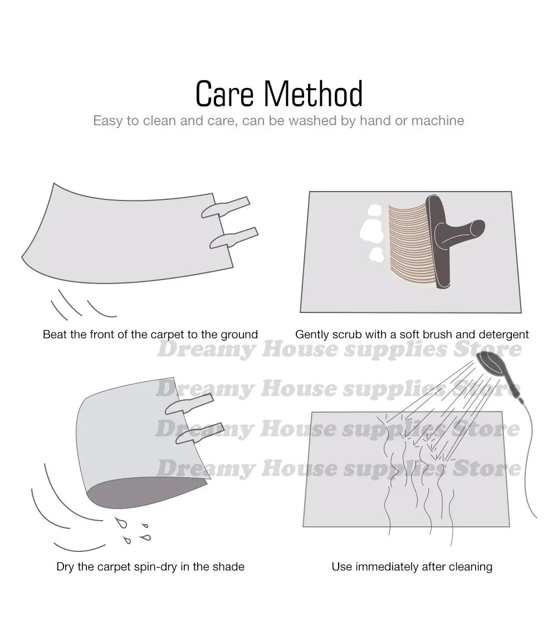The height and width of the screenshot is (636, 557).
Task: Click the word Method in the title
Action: (x=314, y=94)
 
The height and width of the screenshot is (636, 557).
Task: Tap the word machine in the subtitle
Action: (x=438, y=120)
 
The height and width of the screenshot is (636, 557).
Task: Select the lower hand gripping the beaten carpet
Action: (x=234, y=238)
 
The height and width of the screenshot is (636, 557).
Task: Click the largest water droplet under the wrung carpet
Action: (x=121, y=522)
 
